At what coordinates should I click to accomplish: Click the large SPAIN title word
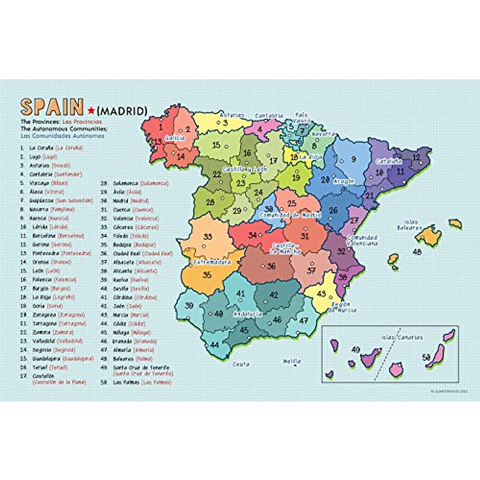[x=52, y=107]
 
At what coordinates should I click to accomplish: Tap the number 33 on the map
[x=207, y=236]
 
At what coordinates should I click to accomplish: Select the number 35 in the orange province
[x=207, y=275]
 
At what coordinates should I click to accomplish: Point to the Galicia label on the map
[x=175, y=138]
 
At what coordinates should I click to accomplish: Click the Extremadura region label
[x=212, y=262]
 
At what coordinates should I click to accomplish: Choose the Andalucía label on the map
[x=248, y=314]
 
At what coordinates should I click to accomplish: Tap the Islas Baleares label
[x=409, y=225]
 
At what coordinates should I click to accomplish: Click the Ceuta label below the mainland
[x=241, y=364]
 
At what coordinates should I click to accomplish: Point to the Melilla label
[x=292, y=361]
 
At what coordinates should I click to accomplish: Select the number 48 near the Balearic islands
[x=417, y=252]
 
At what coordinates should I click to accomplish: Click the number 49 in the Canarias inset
[x=355, y=350]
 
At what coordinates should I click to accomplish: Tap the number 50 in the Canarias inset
[x=427, y=357]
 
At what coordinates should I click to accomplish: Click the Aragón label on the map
[x=344, y=181]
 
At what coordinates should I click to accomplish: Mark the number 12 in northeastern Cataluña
[x=416, y=157]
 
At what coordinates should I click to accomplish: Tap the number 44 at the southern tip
[x=214, y=344]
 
